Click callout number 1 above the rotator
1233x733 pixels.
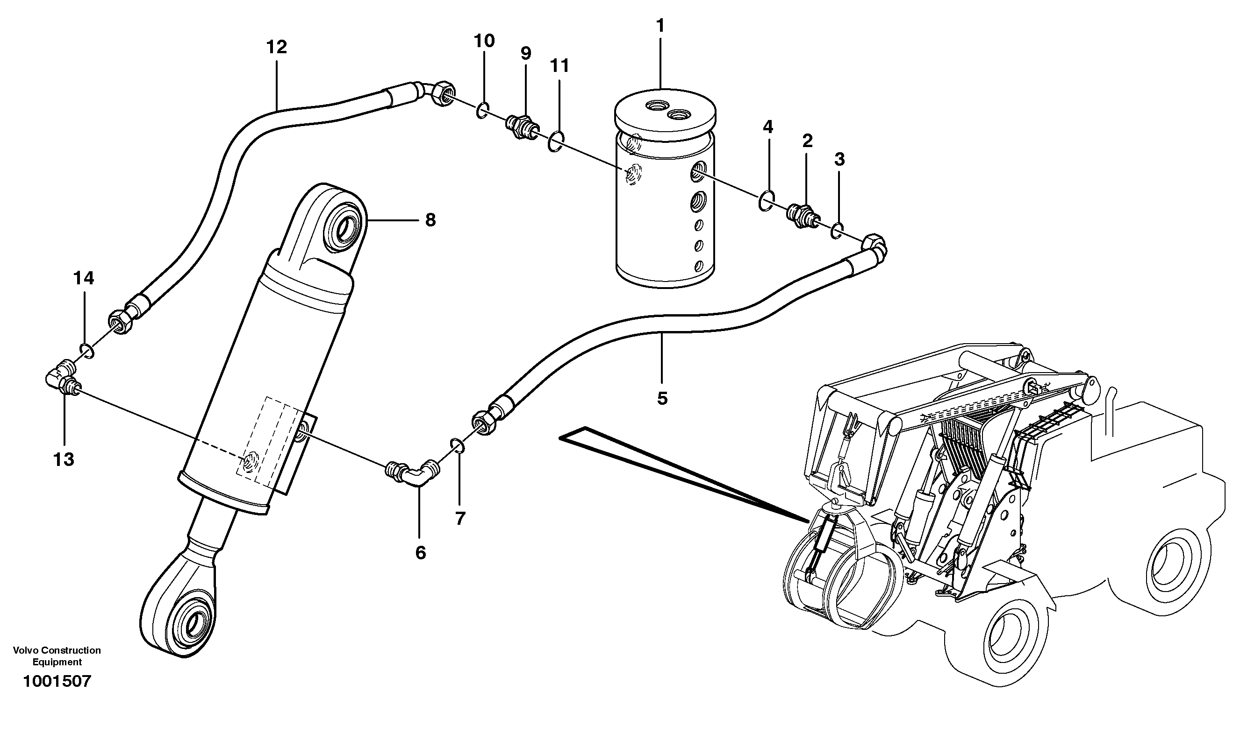[660, 26]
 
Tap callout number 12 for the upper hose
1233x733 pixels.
[276, 48]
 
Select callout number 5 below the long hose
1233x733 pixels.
[662, 398]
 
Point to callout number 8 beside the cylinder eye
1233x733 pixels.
[430, 220]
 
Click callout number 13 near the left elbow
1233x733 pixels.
[64, 460]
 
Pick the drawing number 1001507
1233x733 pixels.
[57, 682]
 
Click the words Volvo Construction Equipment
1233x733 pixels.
[57, 656]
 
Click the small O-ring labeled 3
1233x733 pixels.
[837, 230]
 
